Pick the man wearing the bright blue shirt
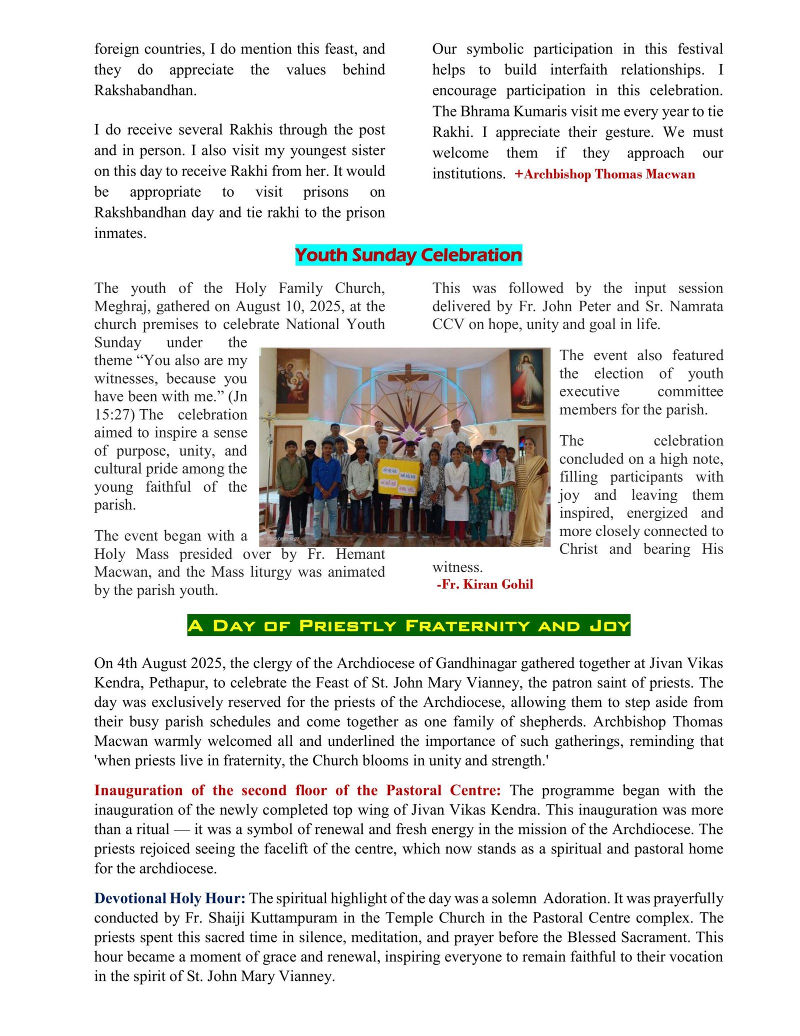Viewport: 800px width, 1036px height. tap(326, 478)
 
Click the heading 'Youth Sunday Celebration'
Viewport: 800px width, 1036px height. tap(408, 255)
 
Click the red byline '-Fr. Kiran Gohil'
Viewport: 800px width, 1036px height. tap(484, 584)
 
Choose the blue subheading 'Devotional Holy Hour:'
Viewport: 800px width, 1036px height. tap(169, 898)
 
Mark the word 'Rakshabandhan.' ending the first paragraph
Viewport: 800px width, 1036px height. tap(145, 91)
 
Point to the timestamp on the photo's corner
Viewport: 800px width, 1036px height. tap(282, 539)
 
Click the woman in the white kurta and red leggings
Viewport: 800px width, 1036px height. tap(456, 493)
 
